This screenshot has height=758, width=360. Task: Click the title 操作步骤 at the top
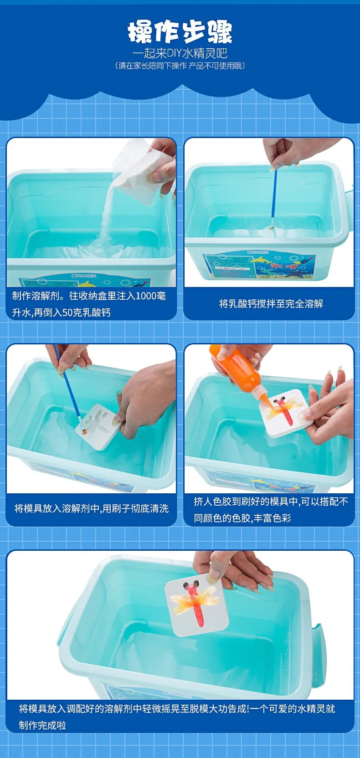(x=180, y=32)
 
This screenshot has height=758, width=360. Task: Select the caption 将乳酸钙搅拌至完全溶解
(x=271, y=304)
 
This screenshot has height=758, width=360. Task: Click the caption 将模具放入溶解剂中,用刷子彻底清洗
(x=91, y=509)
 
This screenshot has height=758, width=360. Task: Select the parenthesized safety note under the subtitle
(x=180, y=66)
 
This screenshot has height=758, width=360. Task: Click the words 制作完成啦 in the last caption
(x=42, y=725)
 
